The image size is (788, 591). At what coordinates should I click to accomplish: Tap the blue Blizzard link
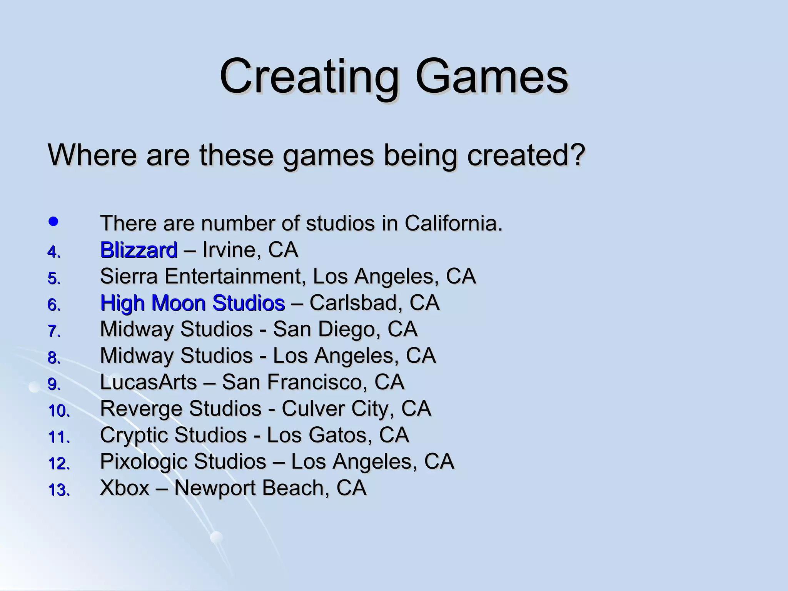pos(139,250)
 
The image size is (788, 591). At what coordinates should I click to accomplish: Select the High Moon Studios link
pos(192,303)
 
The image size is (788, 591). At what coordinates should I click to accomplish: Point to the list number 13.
pos(58,490)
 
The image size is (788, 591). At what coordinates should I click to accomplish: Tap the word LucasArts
pos(149,382)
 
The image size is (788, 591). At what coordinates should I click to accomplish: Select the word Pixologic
pos(144,461)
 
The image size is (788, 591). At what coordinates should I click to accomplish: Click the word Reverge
pos(141,409)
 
